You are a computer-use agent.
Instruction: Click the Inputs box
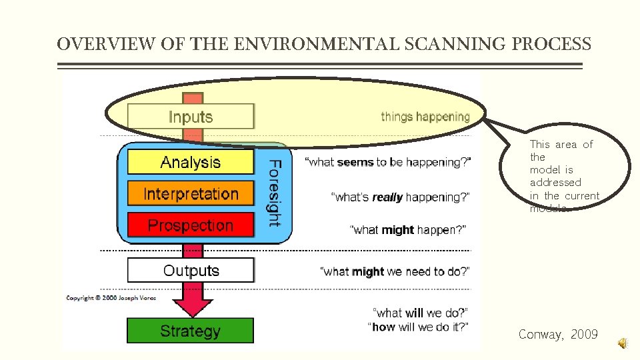coord(191,117)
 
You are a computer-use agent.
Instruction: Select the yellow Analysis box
coord(191,162)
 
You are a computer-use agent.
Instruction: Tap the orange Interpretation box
coord(191,194)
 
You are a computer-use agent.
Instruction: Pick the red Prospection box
coord(191,225)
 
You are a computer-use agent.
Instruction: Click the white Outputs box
coord(191,271)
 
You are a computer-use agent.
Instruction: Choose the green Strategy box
coord(191,331)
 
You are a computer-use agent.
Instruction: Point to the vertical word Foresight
coord(274,193)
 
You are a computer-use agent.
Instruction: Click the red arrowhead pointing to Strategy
coord(192,306)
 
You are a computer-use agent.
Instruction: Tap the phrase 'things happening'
coord(425,117)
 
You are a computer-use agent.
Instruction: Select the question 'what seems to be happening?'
coord(388,162)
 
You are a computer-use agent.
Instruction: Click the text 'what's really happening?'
coord(401,197)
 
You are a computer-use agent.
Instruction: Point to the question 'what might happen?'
coord(408,230)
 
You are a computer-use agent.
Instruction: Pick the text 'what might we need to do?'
coord(395,271)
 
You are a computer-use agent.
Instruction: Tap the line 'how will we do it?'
coord(418,327)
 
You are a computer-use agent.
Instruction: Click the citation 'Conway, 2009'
coord(558,335)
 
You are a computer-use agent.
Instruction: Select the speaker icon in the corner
coord(621,343)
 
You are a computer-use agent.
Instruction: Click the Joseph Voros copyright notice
coord(111,298)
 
